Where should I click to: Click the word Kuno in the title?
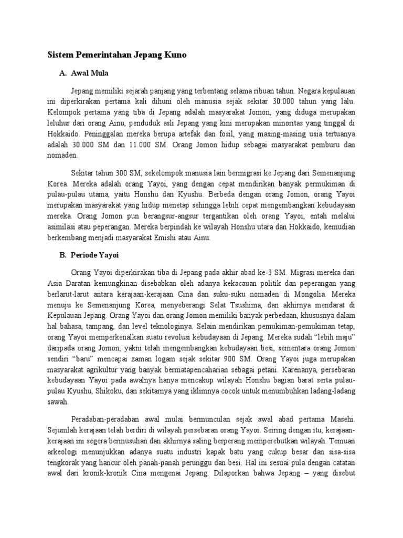tap(173, 55)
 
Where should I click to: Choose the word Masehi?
tap(344, 420)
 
